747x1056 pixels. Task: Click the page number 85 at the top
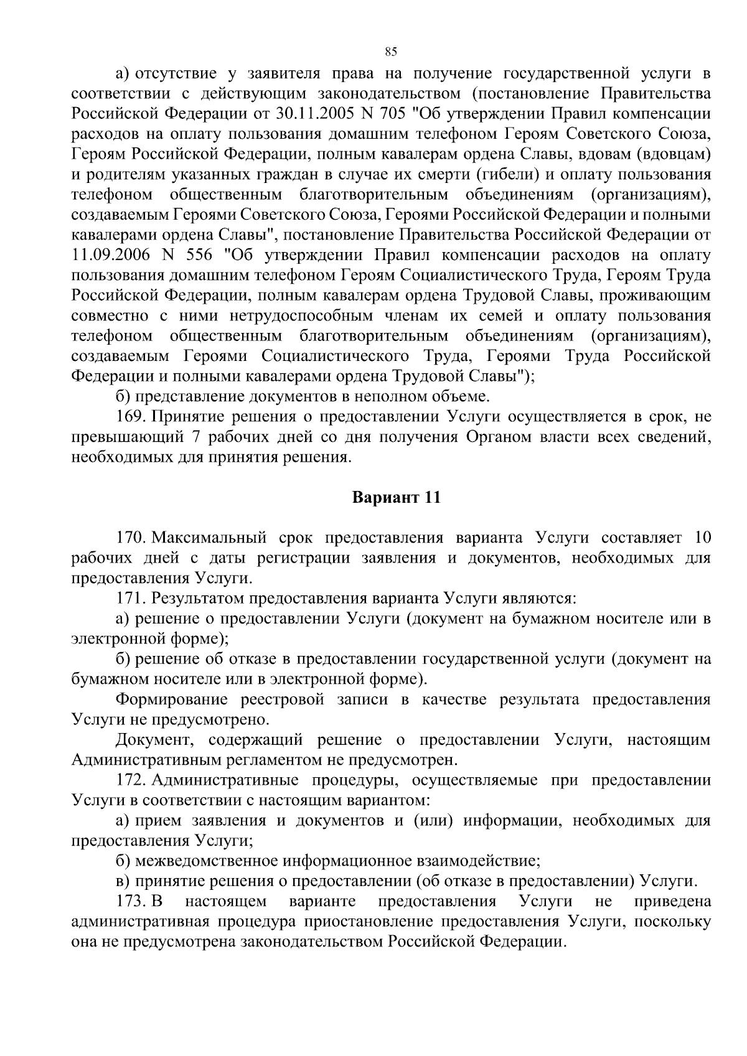tap(391, 51)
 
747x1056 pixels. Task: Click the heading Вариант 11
tap(397, 498)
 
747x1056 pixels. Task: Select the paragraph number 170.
tap(130, 538)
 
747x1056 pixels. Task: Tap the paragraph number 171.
tap(130, 599)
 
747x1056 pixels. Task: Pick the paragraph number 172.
tap(130, 780)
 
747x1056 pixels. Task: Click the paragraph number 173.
tap(130, 902)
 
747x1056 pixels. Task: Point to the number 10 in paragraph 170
tap(702, 538)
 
